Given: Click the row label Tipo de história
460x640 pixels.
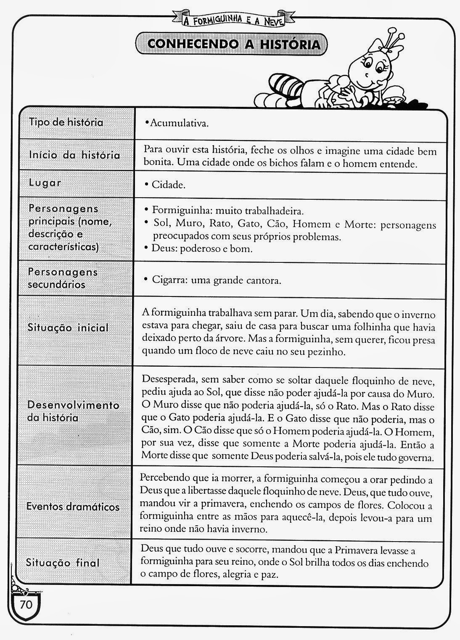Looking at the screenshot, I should [66, 122].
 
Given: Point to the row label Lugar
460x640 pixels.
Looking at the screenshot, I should [45, 183].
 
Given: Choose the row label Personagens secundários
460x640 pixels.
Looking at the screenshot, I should [63, 278].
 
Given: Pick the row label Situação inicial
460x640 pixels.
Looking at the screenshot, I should [68, 328].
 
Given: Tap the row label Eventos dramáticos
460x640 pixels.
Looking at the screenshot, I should [73, 507].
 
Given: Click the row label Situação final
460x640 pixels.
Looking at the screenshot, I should [63, 562].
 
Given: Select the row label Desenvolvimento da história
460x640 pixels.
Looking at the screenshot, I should [73, 411].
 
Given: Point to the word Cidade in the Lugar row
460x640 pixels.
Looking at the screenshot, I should [168, 185].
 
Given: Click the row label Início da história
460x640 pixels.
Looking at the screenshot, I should [74, 155].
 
